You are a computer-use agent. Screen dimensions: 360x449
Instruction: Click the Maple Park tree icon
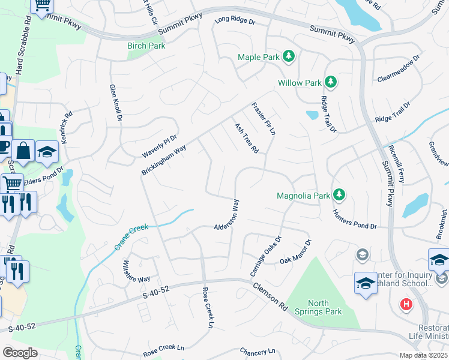(289, 56)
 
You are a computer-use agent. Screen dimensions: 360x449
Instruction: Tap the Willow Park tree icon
(330, 82)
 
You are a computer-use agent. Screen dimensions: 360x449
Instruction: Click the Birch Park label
(146, 46)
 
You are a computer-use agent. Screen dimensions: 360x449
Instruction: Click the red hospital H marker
(406, 305)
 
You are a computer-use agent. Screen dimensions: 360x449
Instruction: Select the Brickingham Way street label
(163, 159)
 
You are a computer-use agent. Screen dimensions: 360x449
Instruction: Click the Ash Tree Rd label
(246, 138)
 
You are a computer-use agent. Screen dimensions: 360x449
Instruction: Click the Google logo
(20, 352)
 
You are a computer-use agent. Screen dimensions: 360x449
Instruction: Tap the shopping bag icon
(23, 152)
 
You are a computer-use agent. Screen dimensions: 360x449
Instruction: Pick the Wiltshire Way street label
(136, 271)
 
